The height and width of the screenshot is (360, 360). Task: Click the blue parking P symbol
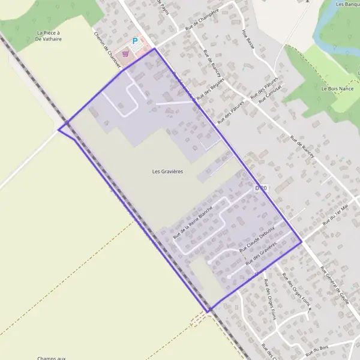(135, 42)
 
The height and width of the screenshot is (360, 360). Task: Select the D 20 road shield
(260, 188)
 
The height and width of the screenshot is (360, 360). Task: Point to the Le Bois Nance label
(337, 89)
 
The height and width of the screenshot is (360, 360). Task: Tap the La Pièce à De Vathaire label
(49, 36)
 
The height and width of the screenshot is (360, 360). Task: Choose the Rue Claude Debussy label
(257, 238)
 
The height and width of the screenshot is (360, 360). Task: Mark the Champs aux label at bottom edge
(51, 358)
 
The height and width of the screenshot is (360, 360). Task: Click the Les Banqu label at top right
(347, 4)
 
